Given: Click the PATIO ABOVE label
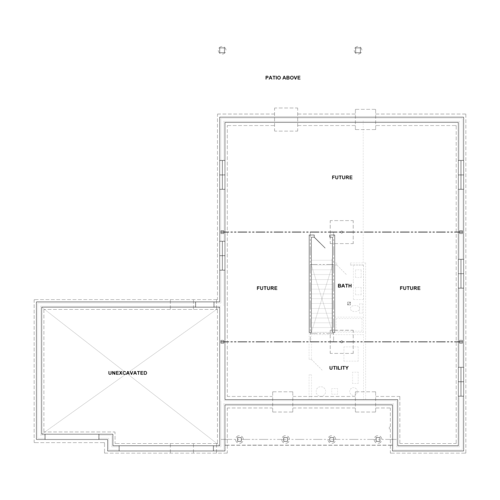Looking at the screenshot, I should pos(283,78).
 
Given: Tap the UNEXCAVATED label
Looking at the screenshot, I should pos(127,373).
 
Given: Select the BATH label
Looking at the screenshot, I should pos(345,285).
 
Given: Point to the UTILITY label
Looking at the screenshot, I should pos(338,368).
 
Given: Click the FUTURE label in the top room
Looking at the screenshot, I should pos(342,178).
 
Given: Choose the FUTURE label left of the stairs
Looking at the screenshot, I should pos(267,289).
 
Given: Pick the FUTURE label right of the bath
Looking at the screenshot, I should pos(410,289).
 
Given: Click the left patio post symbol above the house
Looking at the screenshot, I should pos(222,50).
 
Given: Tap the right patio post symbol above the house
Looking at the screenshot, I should pos(357,50).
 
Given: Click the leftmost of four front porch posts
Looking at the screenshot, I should pos(239,439).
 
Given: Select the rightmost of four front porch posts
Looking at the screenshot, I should pos(377,439).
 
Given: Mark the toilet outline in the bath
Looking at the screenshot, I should pos(355,308).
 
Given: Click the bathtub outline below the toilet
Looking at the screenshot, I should pos(348,325).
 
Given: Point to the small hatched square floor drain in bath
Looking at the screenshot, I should pos(349,303).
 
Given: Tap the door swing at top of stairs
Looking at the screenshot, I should pos(319,242).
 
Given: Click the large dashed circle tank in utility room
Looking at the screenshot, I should pos(321,391).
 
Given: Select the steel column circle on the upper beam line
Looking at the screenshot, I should pos(342,232).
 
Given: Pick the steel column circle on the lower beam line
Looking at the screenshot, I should pos(342,342).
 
